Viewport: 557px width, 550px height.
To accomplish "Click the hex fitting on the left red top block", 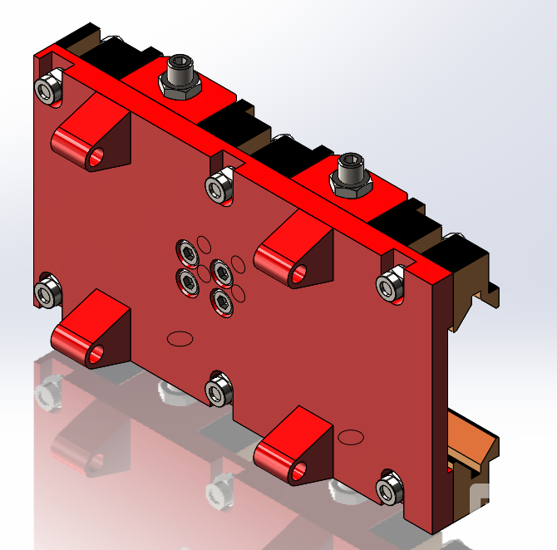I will (x=180, y=76).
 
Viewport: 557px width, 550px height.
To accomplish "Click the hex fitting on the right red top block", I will (x=348, y=176).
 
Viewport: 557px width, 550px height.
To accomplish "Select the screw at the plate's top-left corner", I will (x=48, y=86).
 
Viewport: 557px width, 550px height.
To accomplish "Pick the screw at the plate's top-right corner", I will (x=389, y=285).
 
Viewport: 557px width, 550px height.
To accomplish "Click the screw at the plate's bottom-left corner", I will (x=47, y=292).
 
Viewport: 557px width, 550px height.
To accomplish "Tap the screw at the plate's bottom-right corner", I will (x=387, y=489).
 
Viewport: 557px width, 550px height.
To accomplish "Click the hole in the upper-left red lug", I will (x=97, y=156).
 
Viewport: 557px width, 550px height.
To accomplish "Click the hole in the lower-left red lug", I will (x=97, y=355).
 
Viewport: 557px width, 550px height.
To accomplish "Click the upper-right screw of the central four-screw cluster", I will (x=220, y=271).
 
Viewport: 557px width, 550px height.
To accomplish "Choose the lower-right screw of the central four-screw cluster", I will (x=221, y=300).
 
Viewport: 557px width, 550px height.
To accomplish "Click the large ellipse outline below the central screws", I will (x=180, y=337).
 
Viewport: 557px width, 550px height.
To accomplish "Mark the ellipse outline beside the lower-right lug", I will (x=351, y=436).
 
